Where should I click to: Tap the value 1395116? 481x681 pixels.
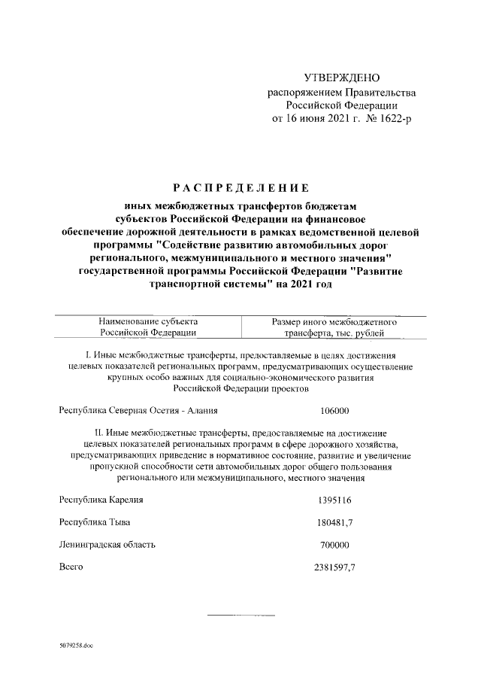(x=334, y=500)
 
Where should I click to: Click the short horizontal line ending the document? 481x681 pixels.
(x=240, y=616)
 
